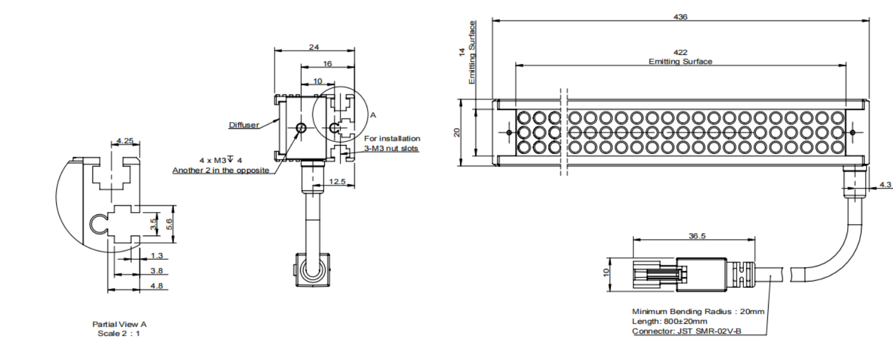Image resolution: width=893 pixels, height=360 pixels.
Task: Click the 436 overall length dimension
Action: [x=680, y=17]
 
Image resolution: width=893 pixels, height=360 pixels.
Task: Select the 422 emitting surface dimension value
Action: [x=680, y=53]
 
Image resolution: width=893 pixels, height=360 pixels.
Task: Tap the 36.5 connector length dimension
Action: [x=697, y=236]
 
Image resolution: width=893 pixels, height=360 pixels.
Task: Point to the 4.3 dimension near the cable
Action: [x=885, y=184]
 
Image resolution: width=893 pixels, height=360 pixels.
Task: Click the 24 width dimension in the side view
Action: [x=314, y=47]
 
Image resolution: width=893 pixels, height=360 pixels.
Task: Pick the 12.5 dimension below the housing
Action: [x=338, y=181]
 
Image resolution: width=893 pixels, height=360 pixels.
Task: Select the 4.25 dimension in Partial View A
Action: [x=125, y=141]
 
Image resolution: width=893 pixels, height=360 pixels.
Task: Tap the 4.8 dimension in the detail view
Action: [x=156, y=286]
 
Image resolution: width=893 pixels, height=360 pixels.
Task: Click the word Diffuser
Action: [x=243, y=125]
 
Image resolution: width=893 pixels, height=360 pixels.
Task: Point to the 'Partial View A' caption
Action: [x=119, y=324]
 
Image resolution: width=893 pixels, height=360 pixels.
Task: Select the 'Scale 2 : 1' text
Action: [x=119, y=333]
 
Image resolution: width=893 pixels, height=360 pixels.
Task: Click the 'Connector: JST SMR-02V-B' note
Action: [x=687, y=331]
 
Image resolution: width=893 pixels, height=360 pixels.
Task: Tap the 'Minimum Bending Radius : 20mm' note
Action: [x=698, y=312]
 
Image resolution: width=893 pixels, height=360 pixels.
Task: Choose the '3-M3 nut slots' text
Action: [x=391, y=149]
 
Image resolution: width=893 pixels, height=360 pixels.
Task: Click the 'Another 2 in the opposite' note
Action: [x=221, y=170]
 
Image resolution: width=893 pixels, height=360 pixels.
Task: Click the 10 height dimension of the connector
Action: [x=607, y=272]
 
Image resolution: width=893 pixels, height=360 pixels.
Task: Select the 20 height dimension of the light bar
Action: [x=457, y=132]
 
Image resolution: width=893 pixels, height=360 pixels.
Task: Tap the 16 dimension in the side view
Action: [x=327, y=63]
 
